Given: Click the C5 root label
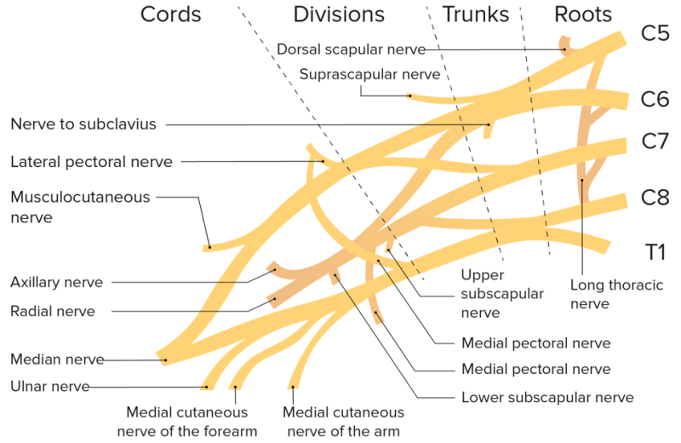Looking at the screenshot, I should (655, 35).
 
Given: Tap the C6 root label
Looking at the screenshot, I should (655, 100).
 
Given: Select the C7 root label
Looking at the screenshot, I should (655, 141).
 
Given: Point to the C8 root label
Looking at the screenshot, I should (655, 198).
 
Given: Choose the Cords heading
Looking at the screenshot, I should (171, 14).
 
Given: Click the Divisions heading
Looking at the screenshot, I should (339, 14).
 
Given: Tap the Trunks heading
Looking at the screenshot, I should (476, 14).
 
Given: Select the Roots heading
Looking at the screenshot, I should (583, 14).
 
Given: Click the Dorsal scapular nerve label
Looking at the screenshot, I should (351, 49).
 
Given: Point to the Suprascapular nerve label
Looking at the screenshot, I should (369, 74).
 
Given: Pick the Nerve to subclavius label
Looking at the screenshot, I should (83, 124).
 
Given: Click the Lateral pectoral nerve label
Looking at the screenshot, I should (92, 161).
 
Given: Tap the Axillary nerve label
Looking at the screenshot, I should (57, 282).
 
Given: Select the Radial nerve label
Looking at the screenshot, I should (53, 311).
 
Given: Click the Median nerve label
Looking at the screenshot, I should (57, 360).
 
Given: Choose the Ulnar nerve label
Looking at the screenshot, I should (50, 386).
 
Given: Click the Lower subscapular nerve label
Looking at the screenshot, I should (547, 397).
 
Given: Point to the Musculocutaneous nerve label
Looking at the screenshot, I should (80, 207).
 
